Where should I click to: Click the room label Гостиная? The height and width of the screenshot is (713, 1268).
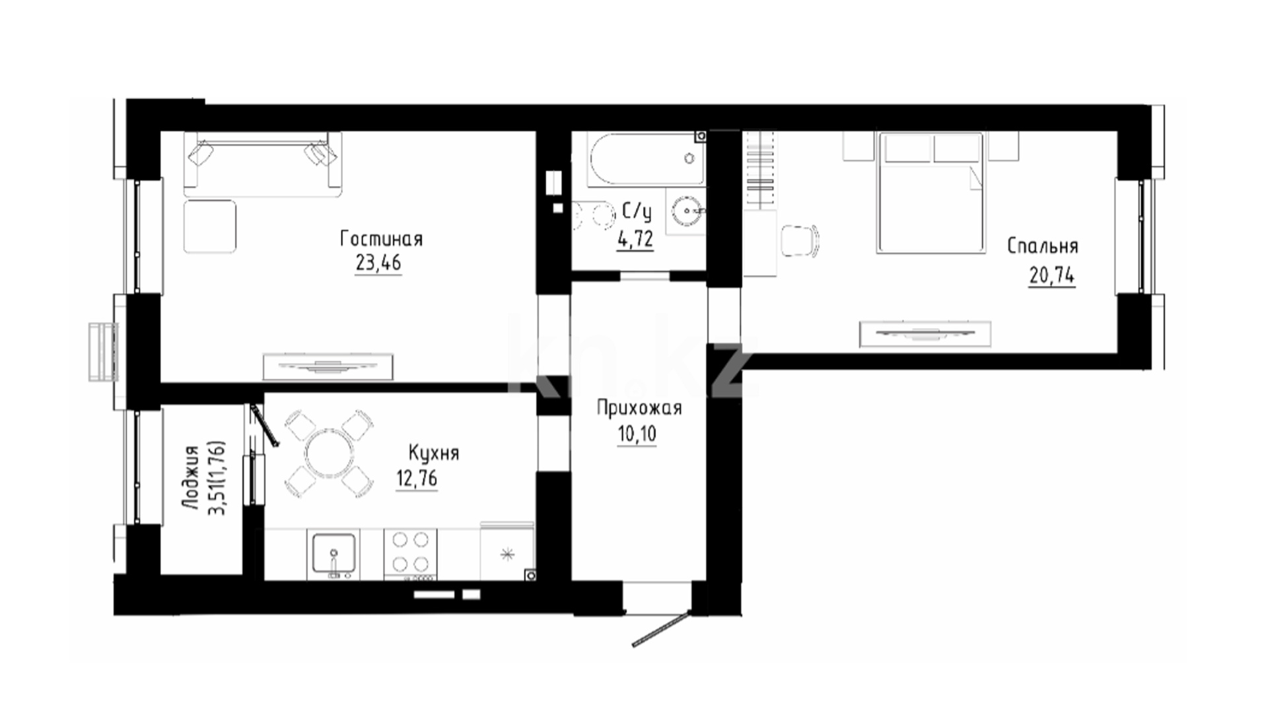tap(381, 238)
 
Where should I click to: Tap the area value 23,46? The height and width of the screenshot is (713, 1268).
tap(378, 263)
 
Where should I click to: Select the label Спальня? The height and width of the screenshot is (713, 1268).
tap(1043, 246)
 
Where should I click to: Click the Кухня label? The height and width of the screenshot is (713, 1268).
tap(433, 454)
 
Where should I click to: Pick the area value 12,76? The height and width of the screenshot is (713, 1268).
tap(417, 478)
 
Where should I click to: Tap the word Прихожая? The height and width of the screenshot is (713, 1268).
tap(639, 409)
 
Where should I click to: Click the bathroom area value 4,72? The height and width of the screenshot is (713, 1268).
tap(635, 238)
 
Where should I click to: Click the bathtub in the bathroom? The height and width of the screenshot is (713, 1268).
tap(646, 159)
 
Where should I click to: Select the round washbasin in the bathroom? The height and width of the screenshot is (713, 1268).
tap(687, 211)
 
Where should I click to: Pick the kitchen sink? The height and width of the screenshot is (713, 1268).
tap(334, 555)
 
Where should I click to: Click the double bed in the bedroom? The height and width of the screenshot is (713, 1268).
tap(929, 192)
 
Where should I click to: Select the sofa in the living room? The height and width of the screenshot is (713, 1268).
tap(263, 164)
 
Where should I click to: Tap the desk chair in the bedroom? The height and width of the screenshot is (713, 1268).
tap(800, 240)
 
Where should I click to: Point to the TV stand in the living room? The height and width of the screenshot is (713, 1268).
tap(328, 366)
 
